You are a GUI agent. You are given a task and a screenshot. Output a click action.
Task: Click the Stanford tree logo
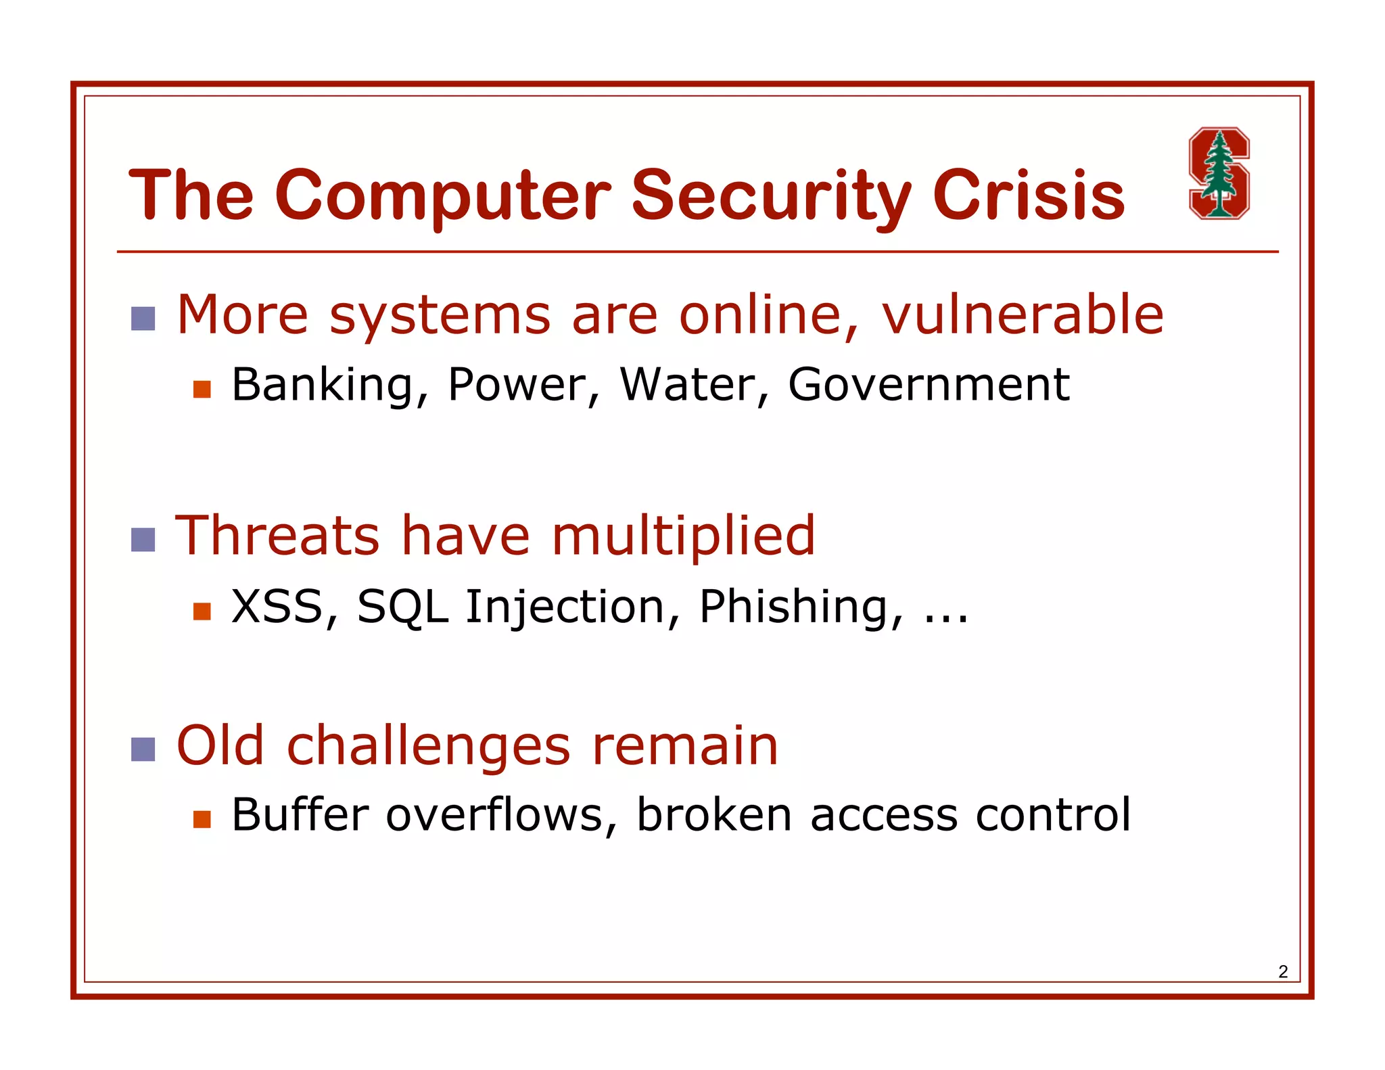tap(1219, 173)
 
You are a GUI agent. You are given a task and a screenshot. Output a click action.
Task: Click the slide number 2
tap(1283, 972)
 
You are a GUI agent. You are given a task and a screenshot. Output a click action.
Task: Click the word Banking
tap(322, 385)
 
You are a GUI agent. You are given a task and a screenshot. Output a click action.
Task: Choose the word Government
tap(929, 385)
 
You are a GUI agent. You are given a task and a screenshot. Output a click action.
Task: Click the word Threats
tap(277, 536)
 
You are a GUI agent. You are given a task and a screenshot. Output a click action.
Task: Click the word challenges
tap(429, 747)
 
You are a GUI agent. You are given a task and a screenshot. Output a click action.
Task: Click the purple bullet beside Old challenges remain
tap(143, 749)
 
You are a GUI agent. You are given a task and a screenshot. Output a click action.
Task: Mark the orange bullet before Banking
tap(202, 389)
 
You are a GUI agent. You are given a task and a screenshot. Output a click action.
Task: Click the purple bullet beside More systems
tap(143, 319)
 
